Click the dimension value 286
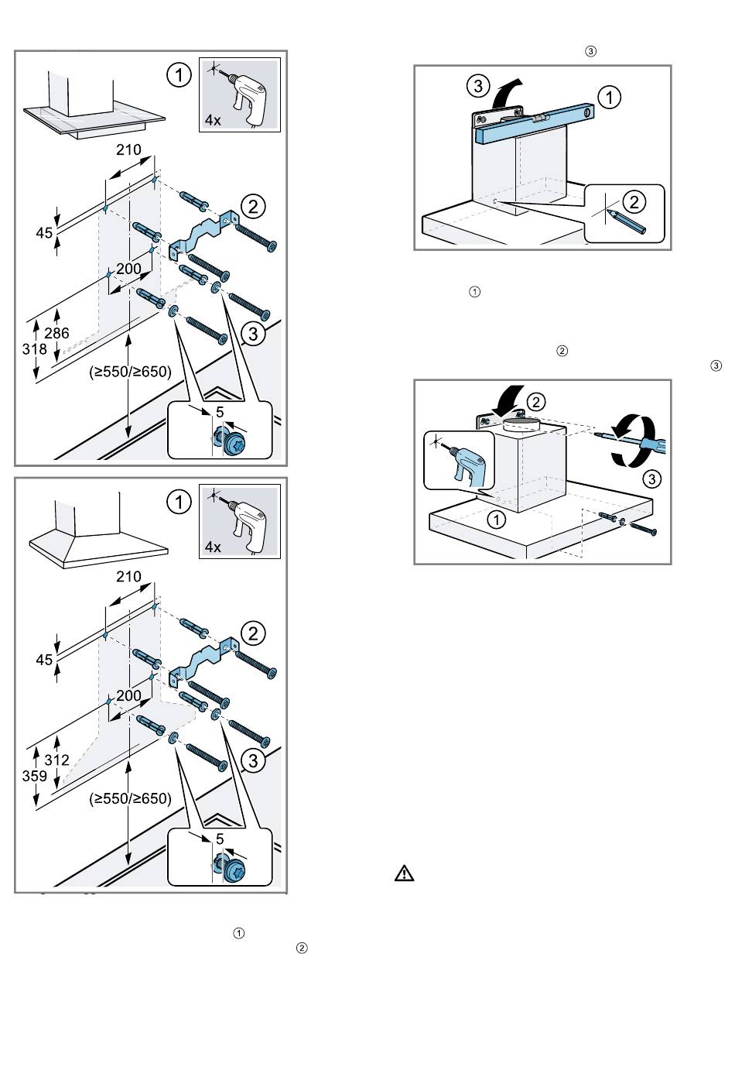point(56,334)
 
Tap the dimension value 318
point(34,349)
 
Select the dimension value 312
point(56,760)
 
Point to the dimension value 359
point(34,776)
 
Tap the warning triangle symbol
point(404,873)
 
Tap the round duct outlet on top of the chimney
point(521,423)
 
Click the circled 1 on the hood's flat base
point(496,520)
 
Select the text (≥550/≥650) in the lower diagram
point(129,798)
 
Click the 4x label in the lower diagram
point(213,547)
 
